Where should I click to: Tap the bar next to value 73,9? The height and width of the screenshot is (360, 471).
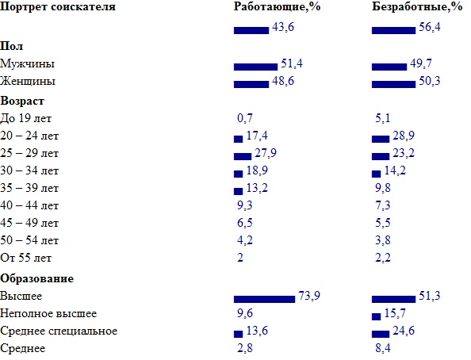(264, 299)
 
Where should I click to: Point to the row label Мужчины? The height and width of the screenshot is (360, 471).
(28, 64)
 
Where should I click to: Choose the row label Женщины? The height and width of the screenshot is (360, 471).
(29, 82)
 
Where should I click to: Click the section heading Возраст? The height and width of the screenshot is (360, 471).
(23, 101)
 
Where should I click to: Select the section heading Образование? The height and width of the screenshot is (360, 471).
(37, 278)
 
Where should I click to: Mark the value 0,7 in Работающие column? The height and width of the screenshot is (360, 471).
(245, 118)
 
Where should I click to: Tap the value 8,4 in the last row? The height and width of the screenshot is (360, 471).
(382, 349)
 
